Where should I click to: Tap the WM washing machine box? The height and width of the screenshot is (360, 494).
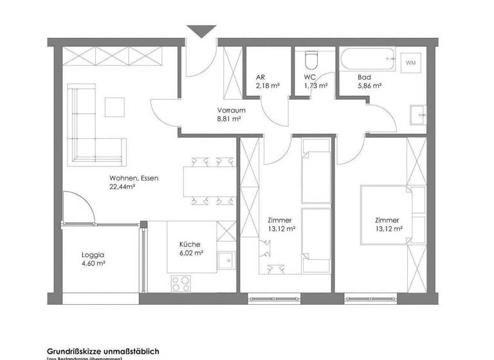[x=410, y=63]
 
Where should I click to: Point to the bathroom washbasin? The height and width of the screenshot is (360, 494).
[x=418, y=114]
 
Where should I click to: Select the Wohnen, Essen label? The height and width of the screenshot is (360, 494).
[x=133, y=178]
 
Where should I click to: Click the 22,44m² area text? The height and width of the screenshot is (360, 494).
[x=122, y=187]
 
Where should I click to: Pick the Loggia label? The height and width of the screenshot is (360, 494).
[x=93, y=254]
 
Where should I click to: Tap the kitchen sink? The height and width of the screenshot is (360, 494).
[x=225, y=261]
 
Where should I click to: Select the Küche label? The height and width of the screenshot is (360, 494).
[x=190, y=244]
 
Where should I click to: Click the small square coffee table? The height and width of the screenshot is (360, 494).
[x=116, y=106]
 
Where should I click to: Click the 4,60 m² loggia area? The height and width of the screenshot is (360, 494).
[x=93, y=264]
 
